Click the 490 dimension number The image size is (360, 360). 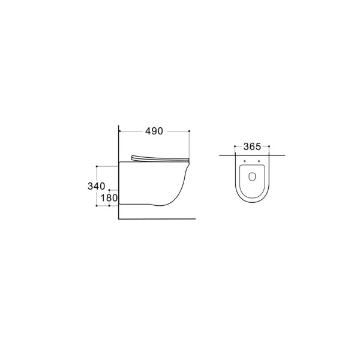[x=154, y=131]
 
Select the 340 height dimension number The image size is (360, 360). [x=97, y=186]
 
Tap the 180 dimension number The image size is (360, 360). [x=109, y=198]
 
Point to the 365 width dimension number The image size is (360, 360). [x=252, y=147]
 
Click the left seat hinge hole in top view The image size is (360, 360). [x=245, y=161]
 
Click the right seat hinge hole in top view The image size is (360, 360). [x=259, y=161]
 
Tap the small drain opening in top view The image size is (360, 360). [x=252, y=176]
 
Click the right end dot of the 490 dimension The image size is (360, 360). [x=189, y=131]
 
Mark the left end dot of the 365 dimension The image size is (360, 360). [x=235, y=146]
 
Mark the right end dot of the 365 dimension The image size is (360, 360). [x=269, y=146]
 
